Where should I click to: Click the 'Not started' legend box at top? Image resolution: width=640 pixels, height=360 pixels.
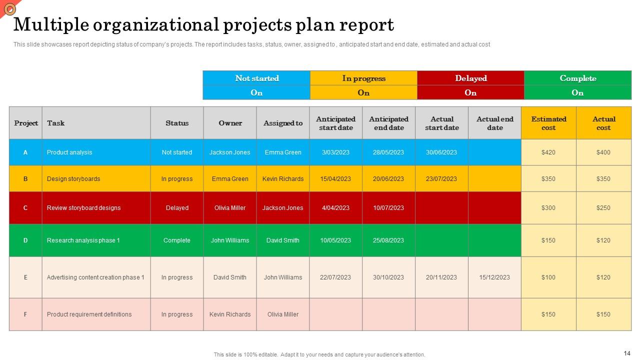256,78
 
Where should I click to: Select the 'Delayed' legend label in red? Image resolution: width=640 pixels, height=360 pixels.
470,78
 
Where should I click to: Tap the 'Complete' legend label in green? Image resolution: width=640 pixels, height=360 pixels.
577,78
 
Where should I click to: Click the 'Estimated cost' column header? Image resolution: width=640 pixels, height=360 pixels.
548,123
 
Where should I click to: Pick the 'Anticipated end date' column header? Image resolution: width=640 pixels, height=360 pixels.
388,123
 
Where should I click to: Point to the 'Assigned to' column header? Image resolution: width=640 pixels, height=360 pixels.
283,123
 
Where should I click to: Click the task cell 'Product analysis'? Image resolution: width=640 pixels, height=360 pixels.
69,152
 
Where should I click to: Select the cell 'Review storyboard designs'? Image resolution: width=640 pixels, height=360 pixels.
83,208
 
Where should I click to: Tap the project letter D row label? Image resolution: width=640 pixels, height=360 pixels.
25,240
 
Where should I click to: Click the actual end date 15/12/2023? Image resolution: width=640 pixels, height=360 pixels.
494,277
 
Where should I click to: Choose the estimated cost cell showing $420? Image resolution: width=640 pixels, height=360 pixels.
548,152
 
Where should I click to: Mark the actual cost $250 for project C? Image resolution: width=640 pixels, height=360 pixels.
603,208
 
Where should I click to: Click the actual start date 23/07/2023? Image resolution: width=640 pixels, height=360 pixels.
441,179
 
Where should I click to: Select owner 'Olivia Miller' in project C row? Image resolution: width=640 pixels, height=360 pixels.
230,208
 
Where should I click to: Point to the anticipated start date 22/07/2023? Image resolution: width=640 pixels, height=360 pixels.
335,277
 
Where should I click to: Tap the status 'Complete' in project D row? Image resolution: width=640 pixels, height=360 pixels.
177,240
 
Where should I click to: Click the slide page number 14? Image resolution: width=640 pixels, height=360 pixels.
627,353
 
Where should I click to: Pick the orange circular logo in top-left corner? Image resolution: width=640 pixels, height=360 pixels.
9,8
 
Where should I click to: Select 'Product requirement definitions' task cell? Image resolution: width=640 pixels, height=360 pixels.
89,314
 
